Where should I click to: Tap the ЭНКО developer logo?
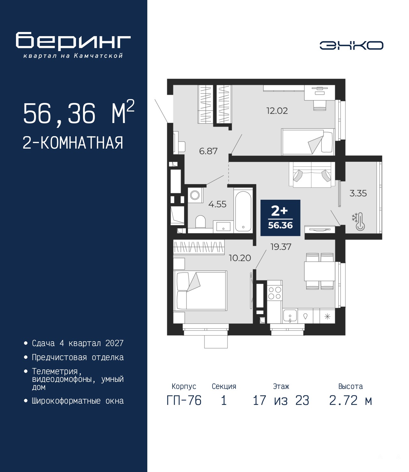pyautogui.click(x=351, y=45)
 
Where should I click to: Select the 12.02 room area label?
pyautogui.click(x=277, y=111)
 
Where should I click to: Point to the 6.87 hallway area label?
pyautogui.click(x=208, y=151)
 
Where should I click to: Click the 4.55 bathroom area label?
pyautogui.click(x=217, y=204)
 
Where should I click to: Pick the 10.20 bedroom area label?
pyautogui.click(x=240, y=258)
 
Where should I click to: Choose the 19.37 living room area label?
pyautogui.click(x=281, y=247)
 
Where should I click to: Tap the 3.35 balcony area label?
pyautogui.click(x=358, y=193)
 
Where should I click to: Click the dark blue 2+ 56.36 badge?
pyautogui.click(x=280, y=218)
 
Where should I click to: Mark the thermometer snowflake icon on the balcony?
pyautogui.click(x=359, y=221)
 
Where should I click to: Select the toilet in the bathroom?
pyautogui.click(x=200, y=222)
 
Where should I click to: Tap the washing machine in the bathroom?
pyautogui.click(x=195, y=195)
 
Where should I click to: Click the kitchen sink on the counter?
pyautogui.click(x=290, y=316)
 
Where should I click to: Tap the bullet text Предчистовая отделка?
pyautogui.click(x=78, y=357)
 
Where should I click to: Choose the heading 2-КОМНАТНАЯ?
pyautogui.click(x=73, y=143)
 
